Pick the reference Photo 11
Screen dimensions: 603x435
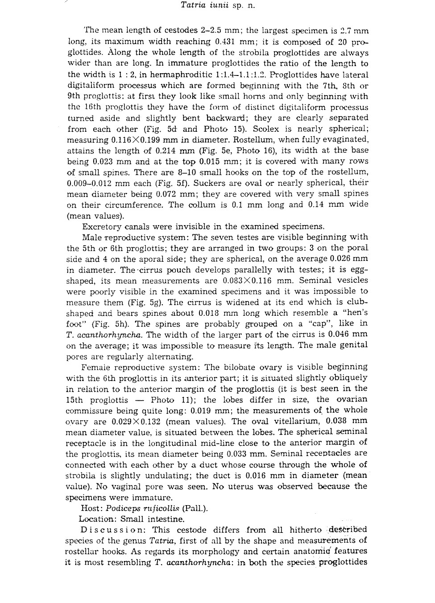pos(167,400)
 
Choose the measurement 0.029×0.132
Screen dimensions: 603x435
pos(134,422)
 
